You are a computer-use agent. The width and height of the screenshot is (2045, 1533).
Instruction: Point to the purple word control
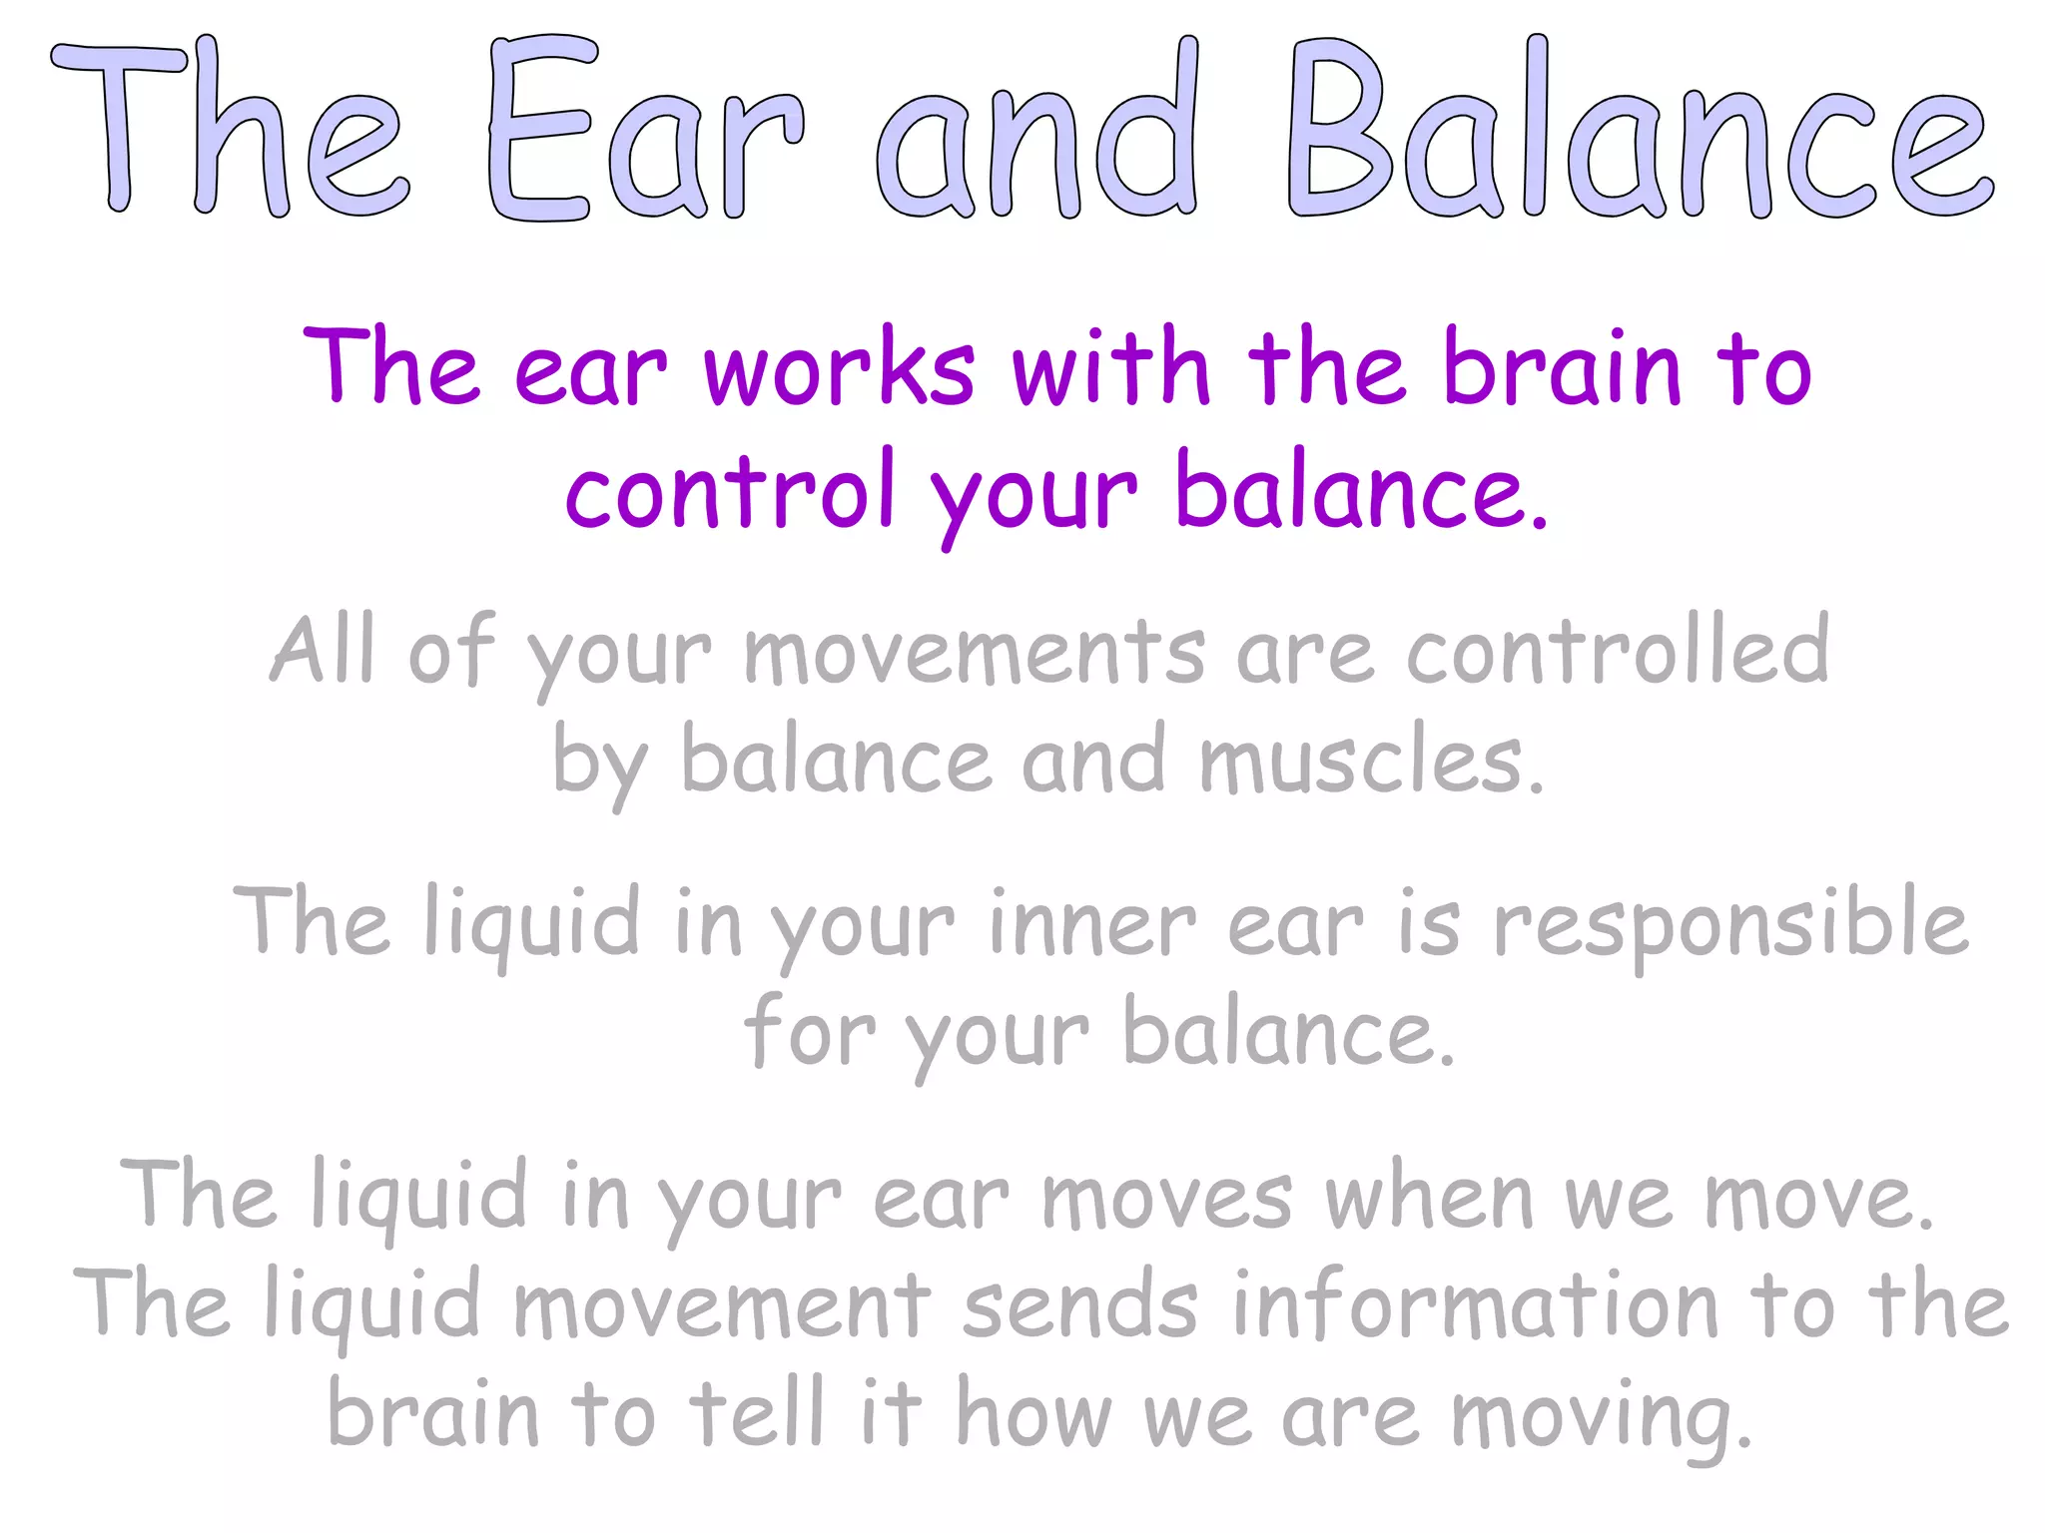tap(729, 491)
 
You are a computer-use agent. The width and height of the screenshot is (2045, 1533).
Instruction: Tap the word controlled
tap(1618, 651)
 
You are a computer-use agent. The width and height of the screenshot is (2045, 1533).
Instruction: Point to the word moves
tap(1165, 1198)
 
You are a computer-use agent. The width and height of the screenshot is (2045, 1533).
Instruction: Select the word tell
tap(758, 1411)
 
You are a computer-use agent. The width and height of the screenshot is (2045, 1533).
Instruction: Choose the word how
tap(1033, 1411)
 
